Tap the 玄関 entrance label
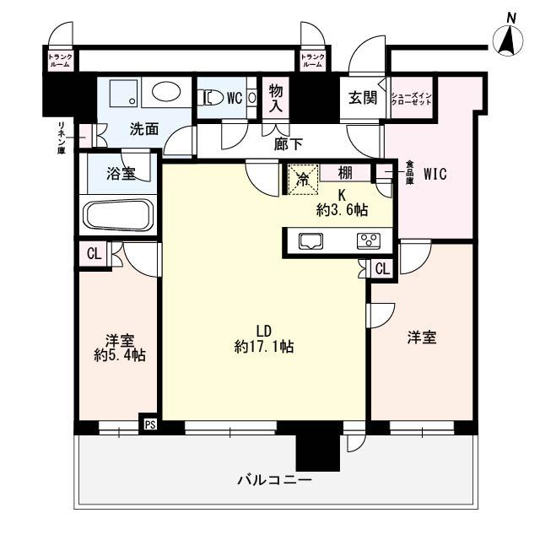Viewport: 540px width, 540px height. [x=362, y=97]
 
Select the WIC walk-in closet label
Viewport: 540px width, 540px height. [x=435, y=175]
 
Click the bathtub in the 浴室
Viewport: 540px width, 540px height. [x=117, y=215]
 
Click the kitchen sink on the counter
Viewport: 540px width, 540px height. [x=310, y=240]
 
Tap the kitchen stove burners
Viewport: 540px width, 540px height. [x=369, y=240]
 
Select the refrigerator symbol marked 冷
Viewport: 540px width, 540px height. [x=301, y=178]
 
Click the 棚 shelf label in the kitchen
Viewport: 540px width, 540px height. [x=347, y=172]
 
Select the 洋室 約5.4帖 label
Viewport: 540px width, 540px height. [x=118, y=348]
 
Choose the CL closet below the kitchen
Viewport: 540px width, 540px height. [x=381, y=269]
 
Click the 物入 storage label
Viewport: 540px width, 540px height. [x=276, y=96]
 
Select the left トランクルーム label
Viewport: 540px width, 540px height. [x=62, y=60]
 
